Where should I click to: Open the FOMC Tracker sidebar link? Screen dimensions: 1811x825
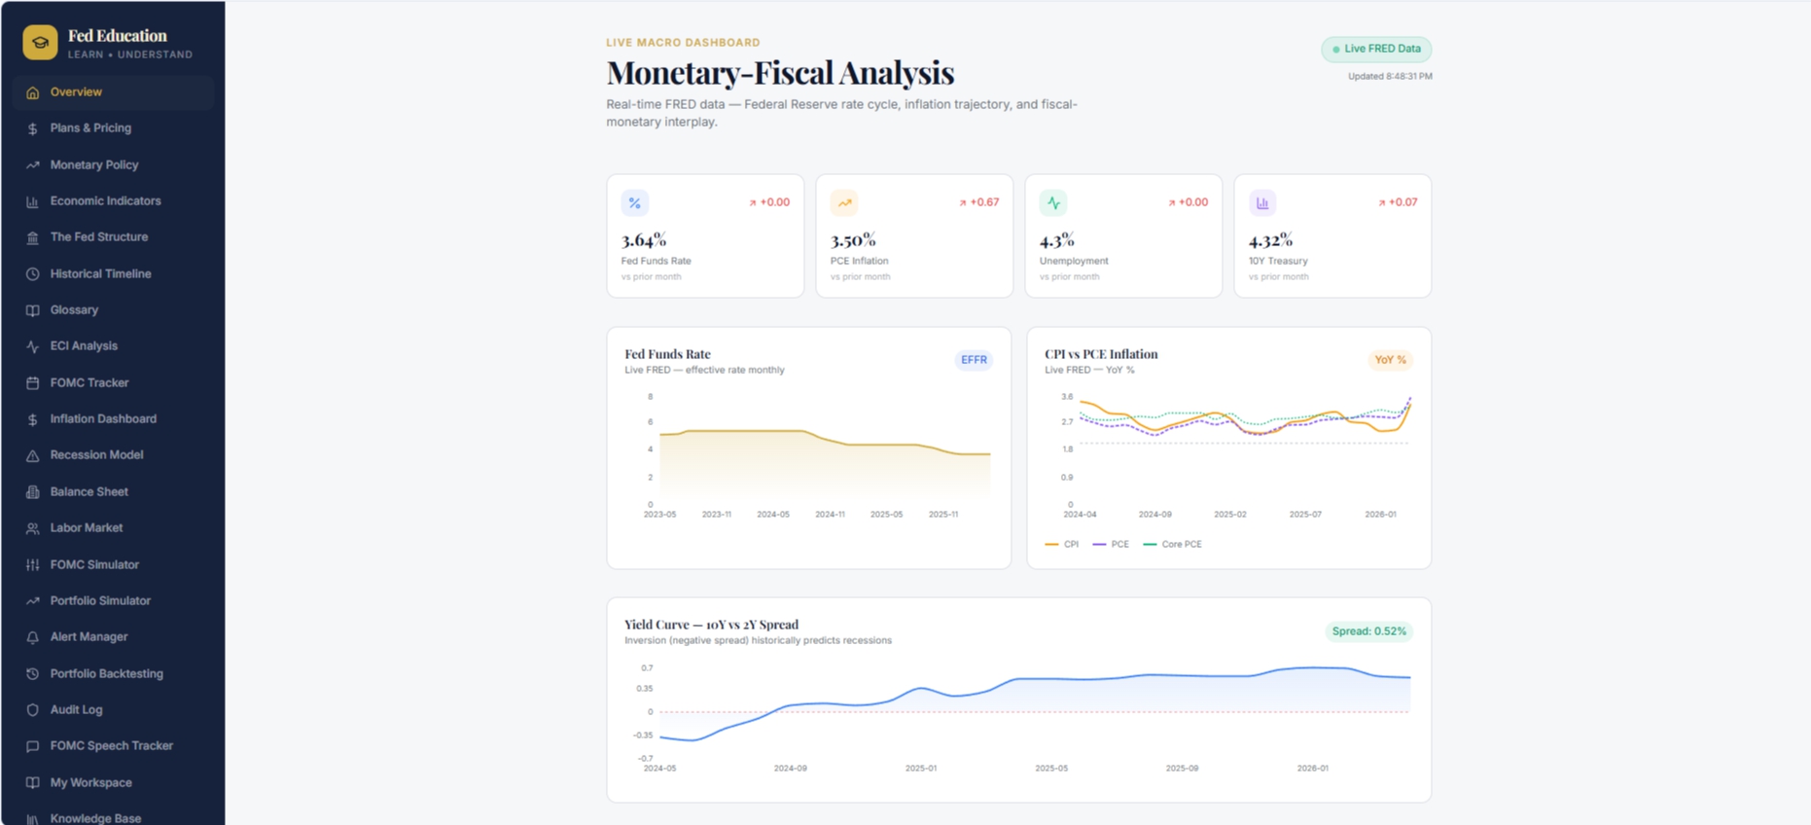tap(89, 383)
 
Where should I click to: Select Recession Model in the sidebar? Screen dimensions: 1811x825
tap(96, 455)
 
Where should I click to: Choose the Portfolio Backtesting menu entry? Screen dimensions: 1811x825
tap(106, 674)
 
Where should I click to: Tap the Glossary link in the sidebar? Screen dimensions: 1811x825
tap(74, 310)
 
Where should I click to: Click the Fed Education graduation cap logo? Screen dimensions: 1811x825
tap(40, 43)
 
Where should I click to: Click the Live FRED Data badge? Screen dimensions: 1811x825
tap(1375, 49)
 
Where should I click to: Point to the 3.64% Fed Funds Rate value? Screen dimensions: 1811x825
tap(644, 240)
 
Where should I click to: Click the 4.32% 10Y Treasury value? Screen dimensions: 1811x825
tap(1270, 240)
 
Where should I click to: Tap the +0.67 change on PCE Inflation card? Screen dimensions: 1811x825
tap(978, 202)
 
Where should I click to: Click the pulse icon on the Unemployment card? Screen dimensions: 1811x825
tap(1053, 203)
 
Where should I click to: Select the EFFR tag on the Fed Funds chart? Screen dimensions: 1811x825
tap(974, 360)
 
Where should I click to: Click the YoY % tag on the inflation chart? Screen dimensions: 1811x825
tap(1390, 360)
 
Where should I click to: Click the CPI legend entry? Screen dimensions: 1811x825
tap(1061, 545)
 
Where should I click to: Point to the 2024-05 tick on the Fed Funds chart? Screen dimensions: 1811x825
tap(773, 515)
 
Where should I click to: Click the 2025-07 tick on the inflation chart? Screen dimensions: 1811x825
tap(1305, 515)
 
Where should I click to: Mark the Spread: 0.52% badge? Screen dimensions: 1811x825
tap(1368, 631)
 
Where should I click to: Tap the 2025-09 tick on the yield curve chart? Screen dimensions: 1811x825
tap(1182, 769)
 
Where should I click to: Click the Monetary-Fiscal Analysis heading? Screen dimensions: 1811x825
tap(780, 73)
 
